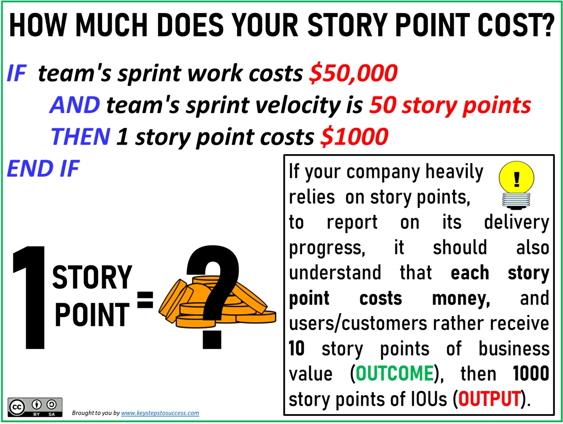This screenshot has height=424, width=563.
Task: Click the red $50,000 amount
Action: [353, 74]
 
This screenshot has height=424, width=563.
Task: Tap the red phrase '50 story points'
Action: [450, 106]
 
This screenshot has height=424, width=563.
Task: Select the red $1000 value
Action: [354, 137]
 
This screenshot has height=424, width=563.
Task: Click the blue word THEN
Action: [80, 137]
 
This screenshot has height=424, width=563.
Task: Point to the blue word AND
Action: [75, 105]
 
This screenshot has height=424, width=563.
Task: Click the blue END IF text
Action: [43, 169]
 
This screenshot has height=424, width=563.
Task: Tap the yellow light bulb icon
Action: [516, 185]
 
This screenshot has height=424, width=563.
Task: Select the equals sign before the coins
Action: [145, 300]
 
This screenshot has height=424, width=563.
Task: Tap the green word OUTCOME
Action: [394, 373]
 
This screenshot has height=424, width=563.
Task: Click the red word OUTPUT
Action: [490, 399]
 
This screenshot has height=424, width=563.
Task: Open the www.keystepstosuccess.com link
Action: [160, 413]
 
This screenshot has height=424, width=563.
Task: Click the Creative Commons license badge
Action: [35, 407]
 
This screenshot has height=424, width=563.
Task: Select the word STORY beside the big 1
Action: [92, 278]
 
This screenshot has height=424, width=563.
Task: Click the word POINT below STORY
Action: [92, 315]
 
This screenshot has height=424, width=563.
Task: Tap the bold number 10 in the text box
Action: [296, 349]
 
